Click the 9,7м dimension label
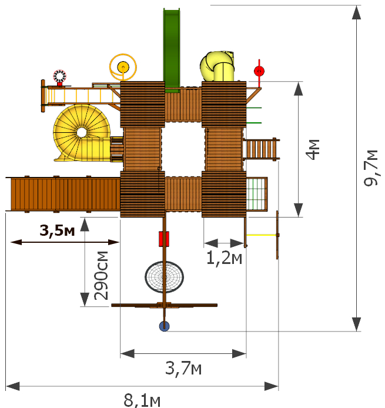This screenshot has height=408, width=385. (x=371, y=168)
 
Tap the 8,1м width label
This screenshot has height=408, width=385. (x=142, y=401)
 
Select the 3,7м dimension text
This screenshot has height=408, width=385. (x=183, y=369)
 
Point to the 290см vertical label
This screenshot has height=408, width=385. (x=101, y=276)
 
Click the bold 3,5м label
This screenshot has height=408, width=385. (x=57, y=230)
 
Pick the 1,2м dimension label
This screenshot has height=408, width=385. (x=224, y=259)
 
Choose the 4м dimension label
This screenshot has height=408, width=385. (x=313, y=149)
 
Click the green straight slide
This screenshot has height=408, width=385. (x=172, y=50)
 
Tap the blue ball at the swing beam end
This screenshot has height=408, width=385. (x=165, y=326)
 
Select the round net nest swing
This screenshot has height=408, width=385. (x=164, y=277)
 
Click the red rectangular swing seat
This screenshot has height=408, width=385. (x=164, y=239)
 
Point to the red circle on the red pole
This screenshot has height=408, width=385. (x=259, y=71)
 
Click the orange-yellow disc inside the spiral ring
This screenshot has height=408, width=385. (x=123, y=67)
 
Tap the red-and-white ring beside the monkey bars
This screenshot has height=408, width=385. (x=60, y=76)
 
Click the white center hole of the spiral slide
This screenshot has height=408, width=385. (x=82, y=132)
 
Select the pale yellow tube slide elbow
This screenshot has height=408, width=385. (x=217, y=66)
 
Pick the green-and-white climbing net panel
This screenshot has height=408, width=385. (x=256, y=194)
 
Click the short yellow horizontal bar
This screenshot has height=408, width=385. (x=261, y=235)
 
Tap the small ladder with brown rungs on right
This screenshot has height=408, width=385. (x=261, y=149)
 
